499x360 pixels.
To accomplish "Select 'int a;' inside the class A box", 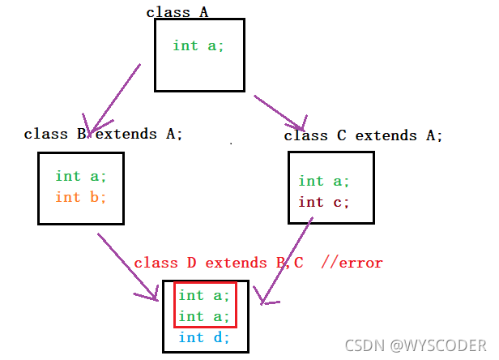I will point(198,45).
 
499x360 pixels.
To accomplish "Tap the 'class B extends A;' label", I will point(104,134).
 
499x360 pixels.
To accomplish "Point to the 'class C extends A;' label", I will point(364,135).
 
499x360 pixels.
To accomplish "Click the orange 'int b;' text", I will point(81,197).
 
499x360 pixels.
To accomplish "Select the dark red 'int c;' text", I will point(324,202).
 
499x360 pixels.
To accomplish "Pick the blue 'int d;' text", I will point(204,337).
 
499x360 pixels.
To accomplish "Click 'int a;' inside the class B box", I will point(81,176).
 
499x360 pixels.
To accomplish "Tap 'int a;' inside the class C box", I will point(324,181).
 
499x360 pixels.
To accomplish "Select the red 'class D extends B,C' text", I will point(219,263).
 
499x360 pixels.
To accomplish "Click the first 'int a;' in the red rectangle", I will point(204,295).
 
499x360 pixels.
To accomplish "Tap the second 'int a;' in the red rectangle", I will point(204,316).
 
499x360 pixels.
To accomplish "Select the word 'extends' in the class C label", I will point(386,135).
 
